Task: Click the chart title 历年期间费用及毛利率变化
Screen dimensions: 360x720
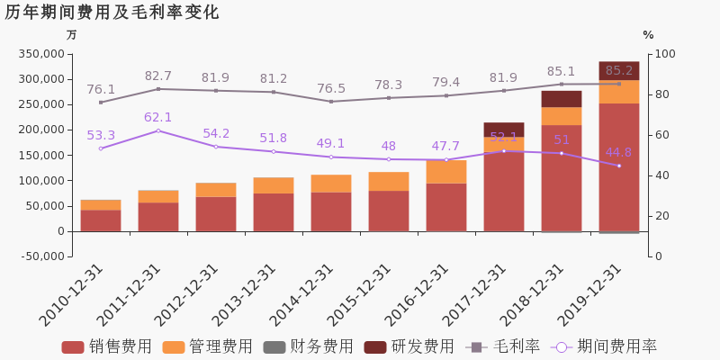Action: pyautogui.click(x=112, y=13)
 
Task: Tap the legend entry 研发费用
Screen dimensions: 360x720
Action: pyautogui.click(x=409, y=346)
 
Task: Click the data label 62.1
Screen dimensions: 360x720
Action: pyautogui.click(x=158, y=117)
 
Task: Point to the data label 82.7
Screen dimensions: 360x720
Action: pyautogui.click(x=158, y=76)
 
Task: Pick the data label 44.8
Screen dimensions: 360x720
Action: pyautogui.click(x=618, y=152)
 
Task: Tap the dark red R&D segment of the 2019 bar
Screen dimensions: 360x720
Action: pyautogui.click(x=618, y=70)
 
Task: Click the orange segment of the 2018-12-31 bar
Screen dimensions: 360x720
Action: pyautogui.click(x=561, y=116)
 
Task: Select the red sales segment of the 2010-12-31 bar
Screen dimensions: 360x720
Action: pyautogui.click(x=101, y=220)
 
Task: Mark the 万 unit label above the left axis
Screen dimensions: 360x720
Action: pyautogui.click(x=72, y=35)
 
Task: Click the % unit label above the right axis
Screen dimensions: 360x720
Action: pyautogui.click(x=648, y=35)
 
